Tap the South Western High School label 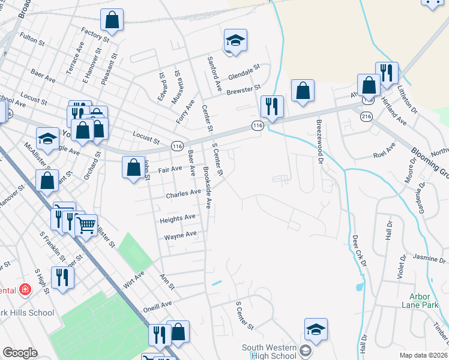click(270, 352)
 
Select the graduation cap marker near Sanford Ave click(235, 41)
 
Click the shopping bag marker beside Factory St click(112, 20)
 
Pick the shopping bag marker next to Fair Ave click(133, 167)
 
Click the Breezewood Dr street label click(319, 139)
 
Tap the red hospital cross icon click(25, 290)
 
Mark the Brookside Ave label click(207, 187)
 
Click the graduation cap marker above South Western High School click(316, 329)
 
